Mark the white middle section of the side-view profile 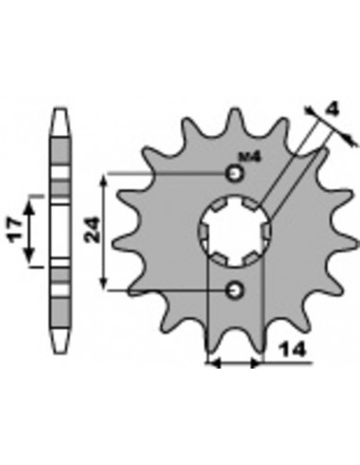(x=61, y=232)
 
